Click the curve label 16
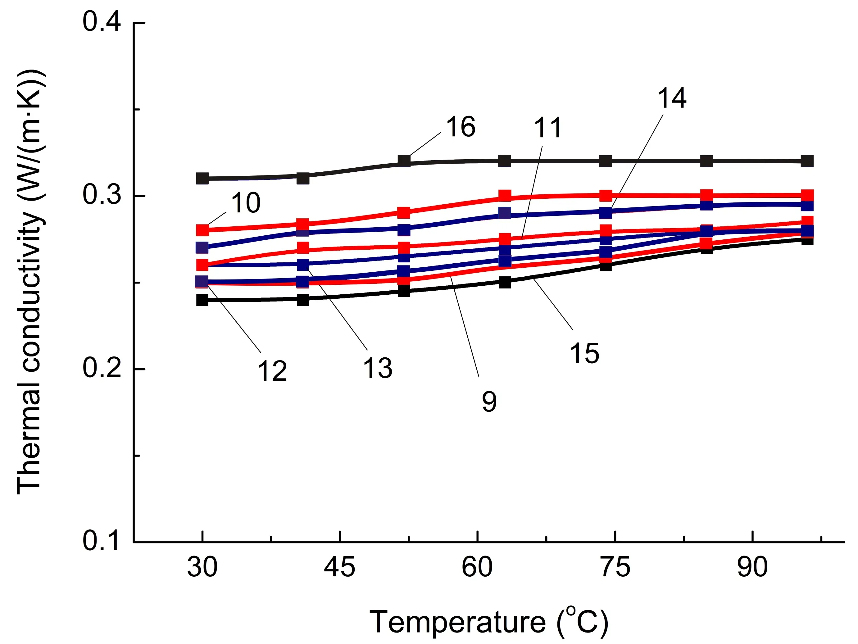pyautogui.click(x=461, y=127)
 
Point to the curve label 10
pyautogui.click(x=246, y=202)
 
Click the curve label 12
pyautogui.click(x=272, y=371)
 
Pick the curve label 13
pyautogui.click(x=377, y=368)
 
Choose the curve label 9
pyautogui.click(x=489, y=401)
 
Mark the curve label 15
pyautogui.click(x=584, y=353)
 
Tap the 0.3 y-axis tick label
pyautogui.click(x=102, y=195)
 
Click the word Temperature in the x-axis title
pyautogui.click(x=458, y=622)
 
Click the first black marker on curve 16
pyautogui.click(x=202, y=179)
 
